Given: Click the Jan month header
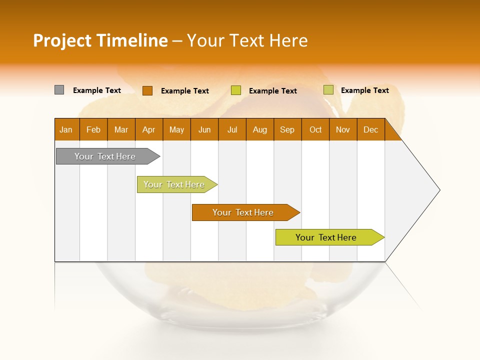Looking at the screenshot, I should click(66, 129).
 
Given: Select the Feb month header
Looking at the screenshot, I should click(93, 129).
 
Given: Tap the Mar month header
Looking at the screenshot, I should click(121, 129).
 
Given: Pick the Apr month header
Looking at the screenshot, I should click(149, 129).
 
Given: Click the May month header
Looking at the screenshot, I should click(176, 129).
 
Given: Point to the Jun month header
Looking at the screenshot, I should click(204, 129).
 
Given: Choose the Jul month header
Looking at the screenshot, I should click(232, 129).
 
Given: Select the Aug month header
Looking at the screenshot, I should click(260, 129).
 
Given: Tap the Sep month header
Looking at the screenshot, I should click(287, 129).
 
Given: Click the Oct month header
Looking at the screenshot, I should click(315, 129).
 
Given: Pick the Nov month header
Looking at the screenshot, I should click(343, 129).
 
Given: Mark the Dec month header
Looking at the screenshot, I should click(370, 129).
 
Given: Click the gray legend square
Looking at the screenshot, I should click(59, 90).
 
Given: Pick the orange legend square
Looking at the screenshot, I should click(147, 90).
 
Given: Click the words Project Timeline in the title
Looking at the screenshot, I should click(100, 40).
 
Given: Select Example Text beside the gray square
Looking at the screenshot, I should click(97, 90).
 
